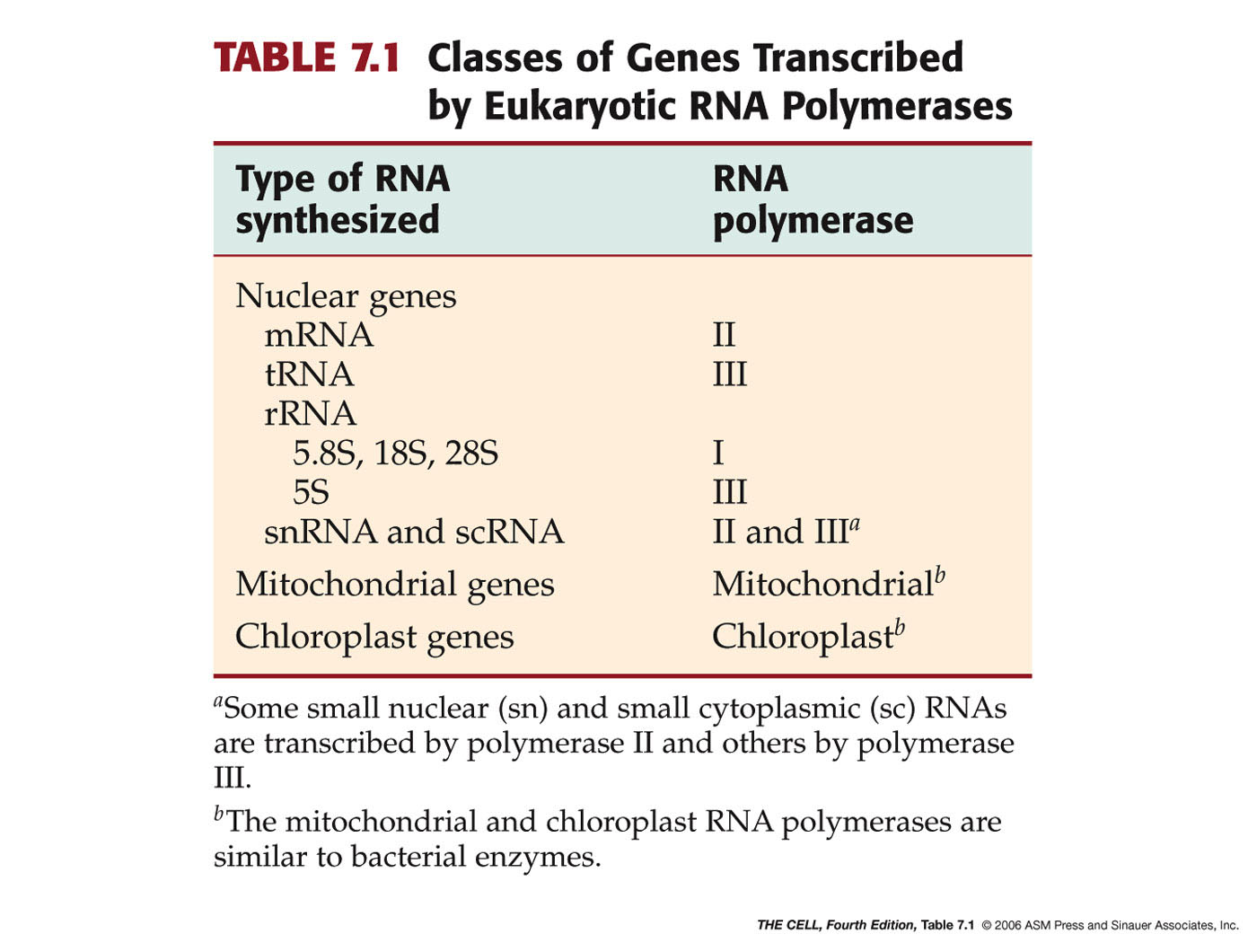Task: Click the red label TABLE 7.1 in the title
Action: (x=306, y=57)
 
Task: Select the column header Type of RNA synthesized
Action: (x=342, y=199)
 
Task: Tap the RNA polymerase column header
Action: (x=813, y=199)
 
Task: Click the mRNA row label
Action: (x=319, y=336)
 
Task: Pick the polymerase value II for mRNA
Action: (x=724, y=335)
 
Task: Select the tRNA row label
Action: (x=309, y=375)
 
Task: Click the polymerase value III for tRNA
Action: (x=730, y=375)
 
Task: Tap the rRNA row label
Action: (x=310, y=413)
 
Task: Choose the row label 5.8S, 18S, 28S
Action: (x=395, y=453)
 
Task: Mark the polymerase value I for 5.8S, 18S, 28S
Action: (x=718, y=453)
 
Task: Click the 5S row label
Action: (x=311, y=492)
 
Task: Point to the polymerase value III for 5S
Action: (x=730, y=492)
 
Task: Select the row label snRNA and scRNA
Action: (x=414, y=532)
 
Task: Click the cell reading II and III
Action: (x=786, y=531)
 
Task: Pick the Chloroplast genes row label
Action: (x=374, y=638)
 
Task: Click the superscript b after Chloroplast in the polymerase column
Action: (x=900, y=628)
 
